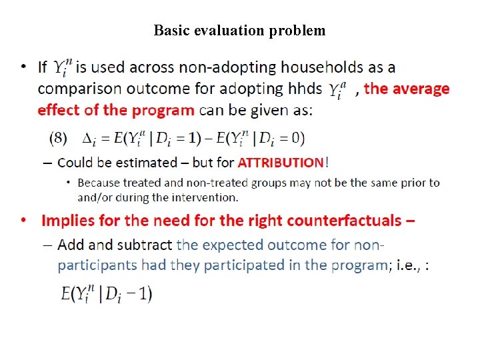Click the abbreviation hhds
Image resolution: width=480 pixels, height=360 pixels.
pos(306,89)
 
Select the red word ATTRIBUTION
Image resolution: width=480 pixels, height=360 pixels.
pos(280,163)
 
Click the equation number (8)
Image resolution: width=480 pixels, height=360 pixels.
pos(59,137)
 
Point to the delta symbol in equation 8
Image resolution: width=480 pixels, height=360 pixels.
pos(89,139)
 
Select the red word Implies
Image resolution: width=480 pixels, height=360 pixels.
pos(66,221)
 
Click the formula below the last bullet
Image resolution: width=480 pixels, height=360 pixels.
pos(107,293)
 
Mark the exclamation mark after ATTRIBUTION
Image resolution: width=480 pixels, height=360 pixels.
pos(326,163)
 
